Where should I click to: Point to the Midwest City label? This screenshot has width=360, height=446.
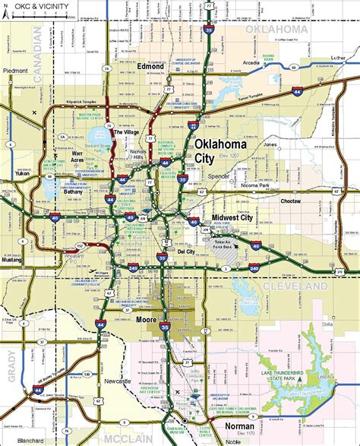[235, 218]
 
